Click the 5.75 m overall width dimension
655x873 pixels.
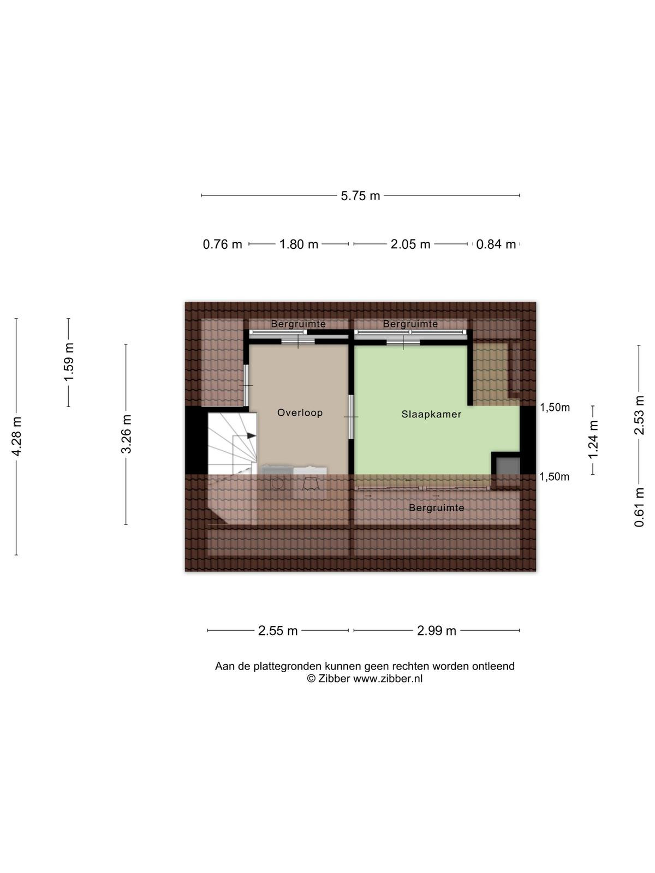coord(360,196)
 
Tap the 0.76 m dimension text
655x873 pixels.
coord(222,244)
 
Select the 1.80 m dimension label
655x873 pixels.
coord(299,244)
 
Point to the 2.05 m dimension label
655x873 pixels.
coord(410,244)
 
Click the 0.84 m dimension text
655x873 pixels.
coord(496,244)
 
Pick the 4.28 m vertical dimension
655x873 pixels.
coord(17,436)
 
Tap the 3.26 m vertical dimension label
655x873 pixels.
coord(127,434)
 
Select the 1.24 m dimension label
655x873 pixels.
coord(593,440)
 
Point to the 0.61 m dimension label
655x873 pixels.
coord(639,507)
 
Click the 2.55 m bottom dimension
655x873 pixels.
coord(278,630)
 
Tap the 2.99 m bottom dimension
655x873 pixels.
coord(436,630)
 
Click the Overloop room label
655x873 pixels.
coord(300,413)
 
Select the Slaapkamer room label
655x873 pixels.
coord(432,415)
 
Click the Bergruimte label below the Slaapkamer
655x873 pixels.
coord(437,508)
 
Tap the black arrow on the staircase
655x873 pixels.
coord(251,435)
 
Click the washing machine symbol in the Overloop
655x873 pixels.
coord(277,482)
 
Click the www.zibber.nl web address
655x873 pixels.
coord(388,679)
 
